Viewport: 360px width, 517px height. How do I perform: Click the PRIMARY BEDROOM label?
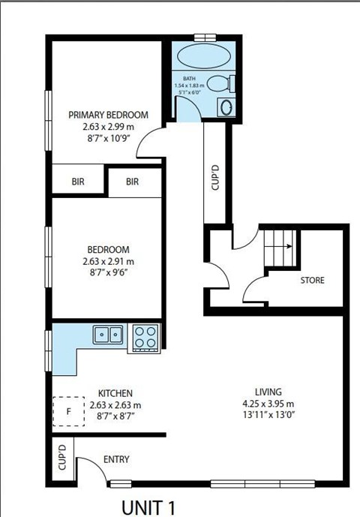tap(108, 115)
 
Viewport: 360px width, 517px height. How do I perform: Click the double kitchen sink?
tap(109, 334)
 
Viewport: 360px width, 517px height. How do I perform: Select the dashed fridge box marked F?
tap(68, 411)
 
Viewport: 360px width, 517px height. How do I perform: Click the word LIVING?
tap(268, 392)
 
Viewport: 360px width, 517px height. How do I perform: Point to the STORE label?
tap(312, 281)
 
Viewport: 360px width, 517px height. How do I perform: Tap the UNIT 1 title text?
tap(151, 506)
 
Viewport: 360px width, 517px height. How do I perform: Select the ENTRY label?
tap(117, 459)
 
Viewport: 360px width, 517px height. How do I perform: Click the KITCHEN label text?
tap(115, 393)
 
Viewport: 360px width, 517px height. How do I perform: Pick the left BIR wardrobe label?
tap(79, 182)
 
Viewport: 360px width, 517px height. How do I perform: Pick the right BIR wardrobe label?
tap(133, 182)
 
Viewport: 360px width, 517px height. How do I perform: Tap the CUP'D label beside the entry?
tap(62, 457)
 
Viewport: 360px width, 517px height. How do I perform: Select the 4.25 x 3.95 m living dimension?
tap(268, 404)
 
